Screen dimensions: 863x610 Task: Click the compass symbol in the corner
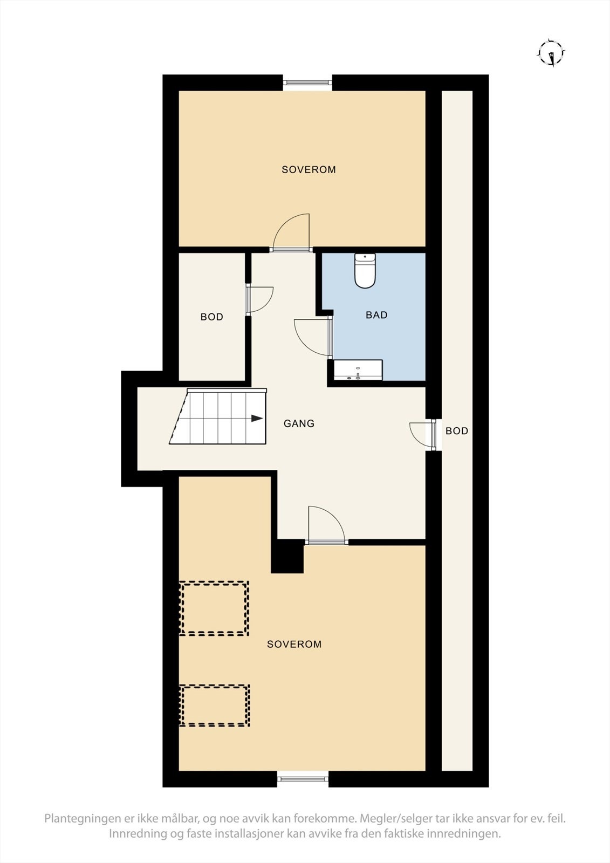point(551,53)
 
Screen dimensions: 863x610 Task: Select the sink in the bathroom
point(358,370)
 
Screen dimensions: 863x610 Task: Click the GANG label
point(299,423)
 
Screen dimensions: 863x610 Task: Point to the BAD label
point(376,315)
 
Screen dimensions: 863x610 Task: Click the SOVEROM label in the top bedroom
point(309,169)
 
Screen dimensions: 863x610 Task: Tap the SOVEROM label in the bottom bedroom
point(294,644)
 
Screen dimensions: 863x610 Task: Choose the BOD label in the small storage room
point(211,317)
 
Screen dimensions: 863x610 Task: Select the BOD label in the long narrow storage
point(457,431)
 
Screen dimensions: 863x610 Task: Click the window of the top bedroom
point(307,83)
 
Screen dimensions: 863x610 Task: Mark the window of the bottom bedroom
point(303,778)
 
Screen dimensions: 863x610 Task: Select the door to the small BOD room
point(260,300)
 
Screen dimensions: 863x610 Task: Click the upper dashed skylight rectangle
point(214,608)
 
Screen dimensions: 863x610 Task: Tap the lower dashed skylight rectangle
point(214,706)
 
